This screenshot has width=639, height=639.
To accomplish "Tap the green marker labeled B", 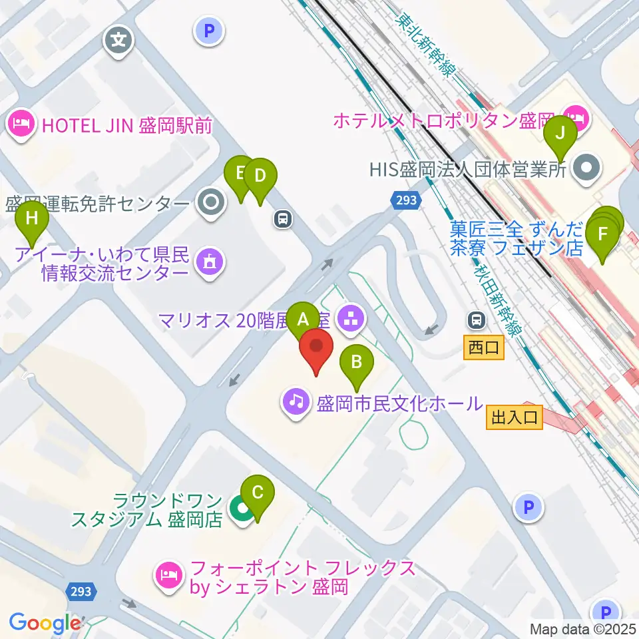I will pyautogui.click(x=357, y=362).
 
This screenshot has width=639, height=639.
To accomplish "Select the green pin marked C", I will pyautogui.click(x=258, y=493).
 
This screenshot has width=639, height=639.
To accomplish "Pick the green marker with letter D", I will pyautogui.click(x=260, y=176).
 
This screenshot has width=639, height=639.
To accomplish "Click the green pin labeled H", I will pyautogui.click(x=31, y=217).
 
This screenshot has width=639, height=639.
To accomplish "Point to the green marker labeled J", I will pyautogui.click(x=560, y=132).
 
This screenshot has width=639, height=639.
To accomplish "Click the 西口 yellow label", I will pyautogui.click(x=483, y=347).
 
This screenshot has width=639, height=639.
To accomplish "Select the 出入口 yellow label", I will pyautogui.click(x=515, y=417).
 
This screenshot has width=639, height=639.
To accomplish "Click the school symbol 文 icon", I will pyautogui.click(x=119, y=40).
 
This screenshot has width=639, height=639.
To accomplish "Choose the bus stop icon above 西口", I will pyautogui.click(x=477, y=320).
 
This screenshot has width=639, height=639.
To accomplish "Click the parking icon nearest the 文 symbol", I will pyautogui.click(x=209, y=30).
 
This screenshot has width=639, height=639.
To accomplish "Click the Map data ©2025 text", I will pyautogui.click(x=583, y=628).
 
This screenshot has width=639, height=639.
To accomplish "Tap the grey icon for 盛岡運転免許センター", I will pyautogui.click(x=212, y=202).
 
